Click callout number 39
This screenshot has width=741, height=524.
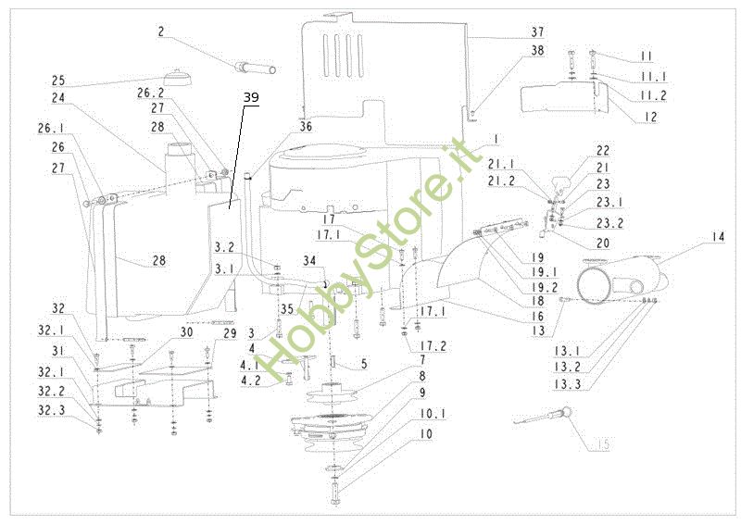pos(252,98)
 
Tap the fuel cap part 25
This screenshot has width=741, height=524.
pos(176,76)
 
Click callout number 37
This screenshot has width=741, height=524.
pos(486,33)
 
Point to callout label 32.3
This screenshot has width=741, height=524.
pos(51,407)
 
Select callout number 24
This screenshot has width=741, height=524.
pos(58,96)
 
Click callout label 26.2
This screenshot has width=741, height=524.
pos(150,94)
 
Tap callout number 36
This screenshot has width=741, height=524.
pos(306,127)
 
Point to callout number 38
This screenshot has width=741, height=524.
pos(486,51)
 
